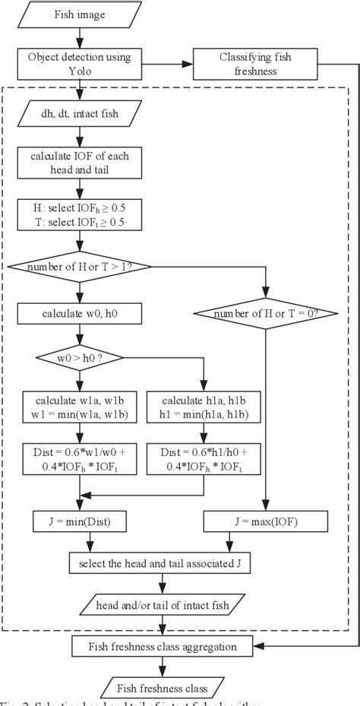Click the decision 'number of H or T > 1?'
(x=79, y=266)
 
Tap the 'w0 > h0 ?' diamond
(x=79, y=358)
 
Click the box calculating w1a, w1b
(x=79, y=408)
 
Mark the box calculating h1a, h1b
(x=203, y=408)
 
